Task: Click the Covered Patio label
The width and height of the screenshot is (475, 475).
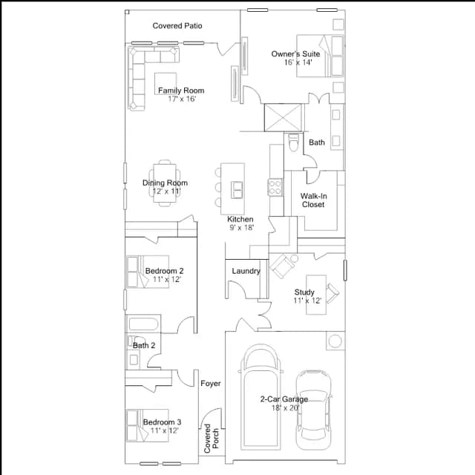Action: [x=177, y=26]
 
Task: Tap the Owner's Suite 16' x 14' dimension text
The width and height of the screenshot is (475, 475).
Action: [x=298, y=62]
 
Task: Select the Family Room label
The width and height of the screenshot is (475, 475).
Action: [x=181, y=91]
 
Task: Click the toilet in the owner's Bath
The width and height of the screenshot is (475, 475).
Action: [x=293, y=142]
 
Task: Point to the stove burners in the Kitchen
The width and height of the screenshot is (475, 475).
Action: [x=275, y=187]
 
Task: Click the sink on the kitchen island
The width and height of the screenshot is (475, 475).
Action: [x=237, y=190]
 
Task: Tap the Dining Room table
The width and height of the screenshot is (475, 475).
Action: [x=165, y=183]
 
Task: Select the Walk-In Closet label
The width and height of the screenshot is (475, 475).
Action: [x=313, y=200]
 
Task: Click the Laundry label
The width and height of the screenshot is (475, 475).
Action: [x=246, y=271]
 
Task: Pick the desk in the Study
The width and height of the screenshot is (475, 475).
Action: [x=316, y=295]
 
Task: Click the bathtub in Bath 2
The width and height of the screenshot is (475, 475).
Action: [x=143, y=324]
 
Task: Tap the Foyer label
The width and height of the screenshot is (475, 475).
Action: [x=211, y=384]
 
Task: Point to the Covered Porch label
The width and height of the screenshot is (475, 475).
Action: [x=211, y=439]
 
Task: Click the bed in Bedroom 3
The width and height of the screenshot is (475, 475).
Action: [x=148, y=425]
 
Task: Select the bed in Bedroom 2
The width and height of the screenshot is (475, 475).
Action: [x=148, y=272]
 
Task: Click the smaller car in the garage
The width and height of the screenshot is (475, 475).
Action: [x=313, y=410]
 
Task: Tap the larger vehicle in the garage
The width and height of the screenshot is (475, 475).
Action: [x=261, y=397]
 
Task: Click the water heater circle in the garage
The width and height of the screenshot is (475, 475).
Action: [x=335, y=341]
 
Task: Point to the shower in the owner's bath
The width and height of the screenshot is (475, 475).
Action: [x=283, y=117]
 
